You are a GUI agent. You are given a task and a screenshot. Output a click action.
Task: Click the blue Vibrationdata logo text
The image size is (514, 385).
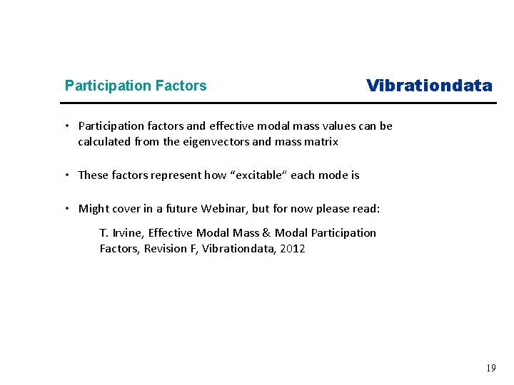tap(429, 86)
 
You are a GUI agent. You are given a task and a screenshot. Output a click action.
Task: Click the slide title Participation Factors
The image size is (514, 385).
tap(136, 86)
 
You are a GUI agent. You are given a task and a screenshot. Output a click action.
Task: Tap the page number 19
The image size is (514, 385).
tap(490, 369)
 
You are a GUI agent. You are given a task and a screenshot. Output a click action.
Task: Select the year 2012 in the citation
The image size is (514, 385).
tap(293, 249)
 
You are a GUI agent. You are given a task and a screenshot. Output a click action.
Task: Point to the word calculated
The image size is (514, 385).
tap(104, 142)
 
